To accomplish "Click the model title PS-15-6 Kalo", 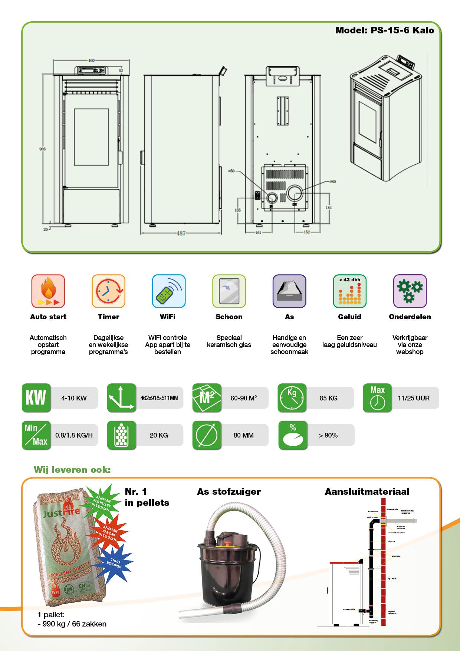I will coord(384,30).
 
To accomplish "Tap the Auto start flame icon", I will coord(48,291).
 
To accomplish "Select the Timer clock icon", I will coord(108,291).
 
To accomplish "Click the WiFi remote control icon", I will coord(168,291).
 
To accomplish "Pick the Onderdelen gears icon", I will coord(410,291).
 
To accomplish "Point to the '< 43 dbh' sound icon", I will coord(349,291).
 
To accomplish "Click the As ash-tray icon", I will coord(289,291).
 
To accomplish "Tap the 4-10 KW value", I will coord(74,398).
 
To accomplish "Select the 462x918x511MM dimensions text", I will coord(159,398).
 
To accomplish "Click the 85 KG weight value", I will coord(328,398).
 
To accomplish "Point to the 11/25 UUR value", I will coord(413,398).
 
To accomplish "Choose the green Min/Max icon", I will coord(36,435).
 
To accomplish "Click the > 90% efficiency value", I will coord(328,435).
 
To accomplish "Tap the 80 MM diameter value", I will coord(243,435).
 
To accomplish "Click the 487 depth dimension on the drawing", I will coord(181,233).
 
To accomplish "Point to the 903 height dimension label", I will coord(43,149).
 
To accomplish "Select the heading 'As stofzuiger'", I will coord(229,492).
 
